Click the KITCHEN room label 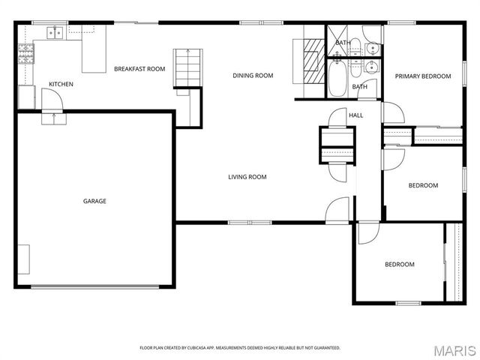[61, 84]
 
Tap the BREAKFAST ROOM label [139, 69]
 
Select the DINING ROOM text [253, 75]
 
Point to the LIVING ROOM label [247, 177]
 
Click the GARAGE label [94, 201]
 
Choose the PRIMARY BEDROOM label [423, 76]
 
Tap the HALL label [355, 115]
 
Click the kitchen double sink [55, 32]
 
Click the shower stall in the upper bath [338, 43]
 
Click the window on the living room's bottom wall [250, 222]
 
